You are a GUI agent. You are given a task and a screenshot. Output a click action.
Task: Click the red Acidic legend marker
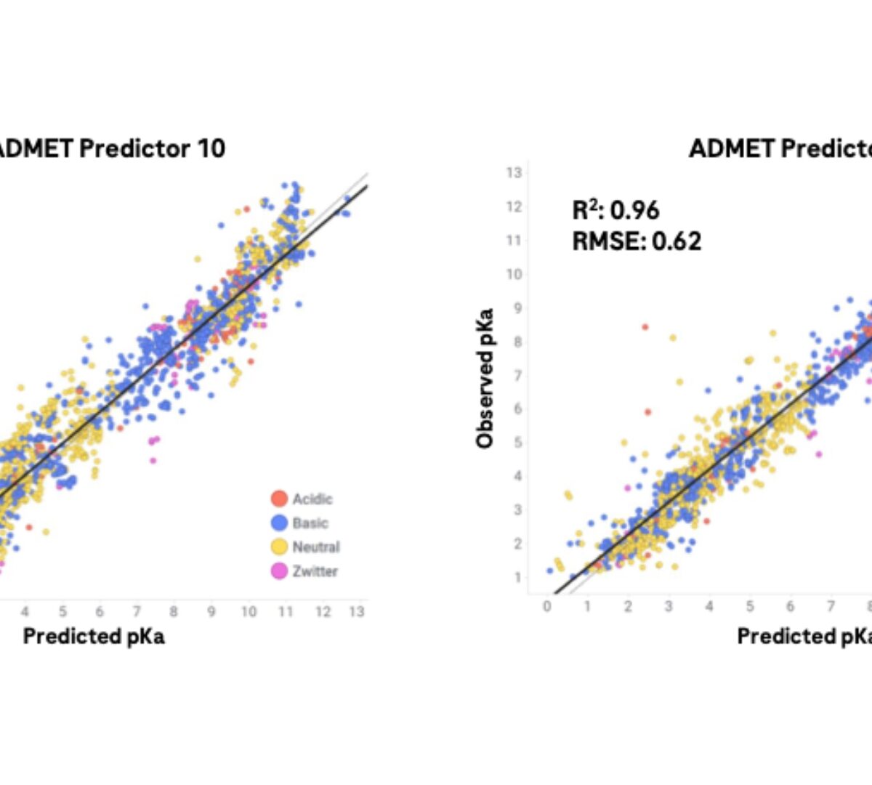click(279, 499)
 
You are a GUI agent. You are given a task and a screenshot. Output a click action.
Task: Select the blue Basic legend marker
click(279, 523)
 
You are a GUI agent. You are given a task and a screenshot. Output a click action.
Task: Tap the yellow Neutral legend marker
click(279, 547)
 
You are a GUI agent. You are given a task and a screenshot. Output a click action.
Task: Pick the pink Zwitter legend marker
click(279, 571)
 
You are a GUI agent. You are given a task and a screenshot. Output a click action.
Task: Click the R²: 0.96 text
click(615, 210)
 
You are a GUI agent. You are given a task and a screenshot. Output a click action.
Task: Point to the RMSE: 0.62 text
click(637, 241)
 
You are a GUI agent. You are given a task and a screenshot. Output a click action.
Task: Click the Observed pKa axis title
click(485, 378)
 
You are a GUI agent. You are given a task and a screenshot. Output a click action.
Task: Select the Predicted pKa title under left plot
click(94, 636)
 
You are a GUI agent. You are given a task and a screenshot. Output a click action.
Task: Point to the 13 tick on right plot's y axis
click(514, 173)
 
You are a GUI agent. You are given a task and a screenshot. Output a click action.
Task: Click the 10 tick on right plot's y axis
click(514, 274)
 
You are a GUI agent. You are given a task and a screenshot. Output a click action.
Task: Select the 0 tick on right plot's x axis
click(547, 606)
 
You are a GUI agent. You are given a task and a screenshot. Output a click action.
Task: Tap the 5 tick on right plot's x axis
click(750, 606)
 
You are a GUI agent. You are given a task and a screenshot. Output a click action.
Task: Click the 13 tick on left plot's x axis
click(356, 612)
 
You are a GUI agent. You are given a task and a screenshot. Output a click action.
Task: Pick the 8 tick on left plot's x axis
click(173, 612)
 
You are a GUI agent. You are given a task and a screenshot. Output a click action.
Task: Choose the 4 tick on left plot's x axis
click(25, 612)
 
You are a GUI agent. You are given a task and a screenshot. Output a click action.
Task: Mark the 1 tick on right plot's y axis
click(517, 577)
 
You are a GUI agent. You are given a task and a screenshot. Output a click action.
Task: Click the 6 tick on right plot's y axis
click(517, 408)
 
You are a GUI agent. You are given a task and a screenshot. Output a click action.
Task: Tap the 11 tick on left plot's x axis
click(285, 612)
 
